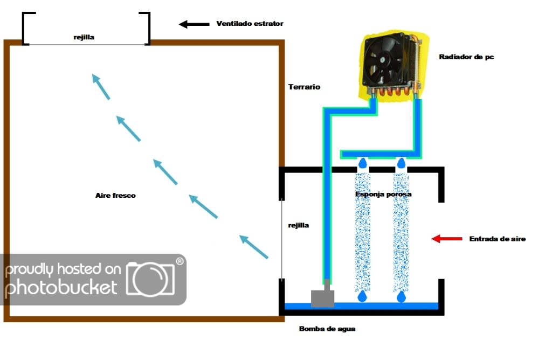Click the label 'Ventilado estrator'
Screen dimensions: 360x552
[250, 24]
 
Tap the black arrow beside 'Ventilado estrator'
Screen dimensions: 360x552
[194, 24]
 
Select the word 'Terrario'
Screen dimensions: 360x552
[304, 87]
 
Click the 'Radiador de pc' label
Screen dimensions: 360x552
[466, 57]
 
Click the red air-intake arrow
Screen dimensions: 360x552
[447, 238]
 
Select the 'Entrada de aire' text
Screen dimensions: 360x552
[497, 239]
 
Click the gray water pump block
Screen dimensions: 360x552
[322, 298]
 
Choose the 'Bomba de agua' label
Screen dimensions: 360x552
[327, 328]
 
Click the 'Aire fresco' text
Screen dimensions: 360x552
[115, 195]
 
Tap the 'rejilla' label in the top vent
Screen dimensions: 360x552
[84, 37]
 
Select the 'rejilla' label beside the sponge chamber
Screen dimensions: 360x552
[299, 225]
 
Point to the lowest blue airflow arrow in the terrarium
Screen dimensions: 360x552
[253, 247]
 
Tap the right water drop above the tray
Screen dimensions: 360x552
[402, 296]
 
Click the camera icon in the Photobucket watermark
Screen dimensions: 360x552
[150, 279]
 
